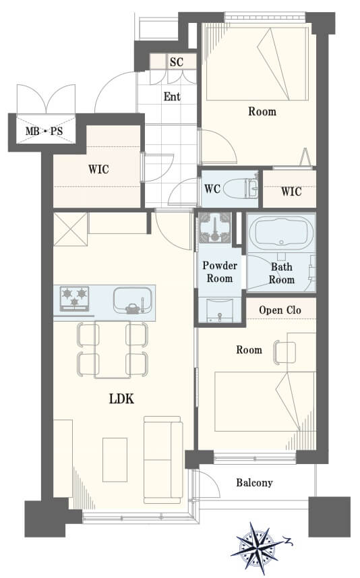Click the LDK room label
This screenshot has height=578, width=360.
[121, 399]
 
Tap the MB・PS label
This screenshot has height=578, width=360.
[44, 131]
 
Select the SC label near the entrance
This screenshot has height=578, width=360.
[177, 61]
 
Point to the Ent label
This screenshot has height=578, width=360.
[172, 96]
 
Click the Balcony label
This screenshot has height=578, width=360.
[254, 482]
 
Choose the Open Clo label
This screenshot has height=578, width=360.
[280, 310]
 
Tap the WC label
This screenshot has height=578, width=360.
[212, 189]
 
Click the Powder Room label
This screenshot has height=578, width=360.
[220, 272]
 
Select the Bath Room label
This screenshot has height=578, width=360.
[282, 273]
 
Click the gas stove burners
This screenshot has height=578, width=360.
[74, 298]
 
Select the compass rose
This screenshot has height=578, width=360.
[258, 548]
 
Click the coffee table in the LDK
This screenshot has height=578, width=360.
[115, 460]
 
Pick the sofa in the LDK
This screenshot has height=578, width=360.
[162, 460]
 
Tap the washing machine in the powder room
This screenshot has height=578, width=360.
[215, 227]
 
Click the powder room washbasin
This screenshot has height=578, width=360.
[220, 310]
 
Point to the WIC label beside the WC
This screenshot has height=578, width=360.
[291, 192]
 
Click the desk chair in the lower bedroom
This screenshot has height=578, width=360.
[284, 353]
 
